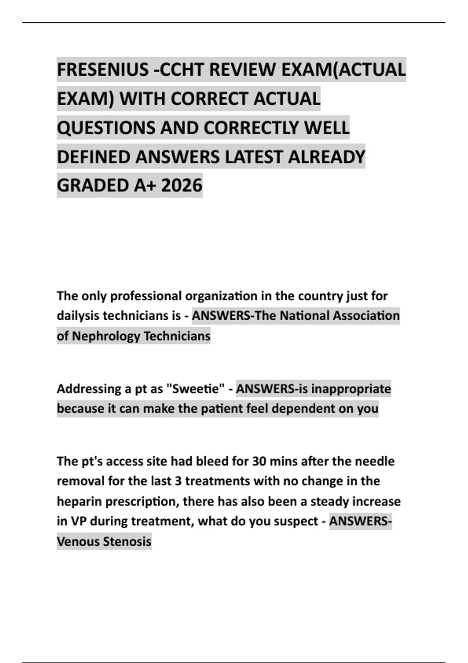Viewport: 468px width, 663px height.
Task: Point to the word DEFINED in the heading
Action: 94,157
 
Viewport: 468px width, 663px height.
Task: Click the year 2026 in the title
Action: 182,185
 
